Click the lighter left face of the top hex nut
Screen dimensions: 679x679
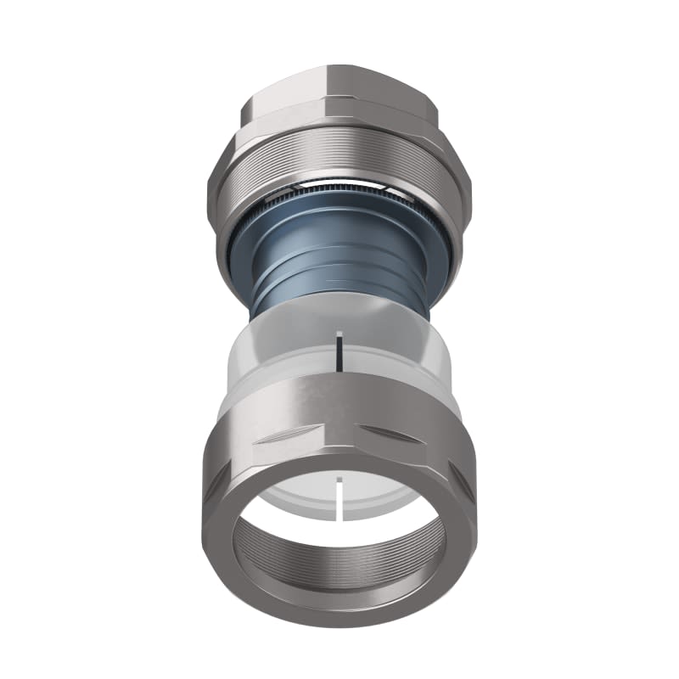click(284, 102)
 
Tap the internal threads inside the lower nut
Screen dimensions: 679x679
click(339, 560)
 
